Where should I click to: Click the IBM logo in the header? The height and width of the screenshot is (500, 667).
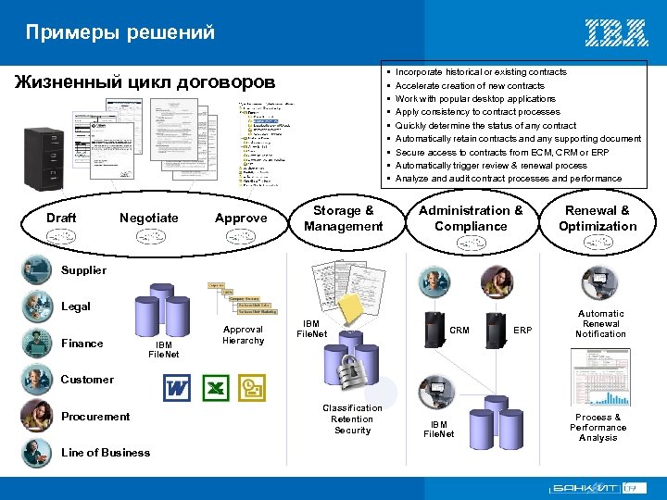click(x=616, y=33)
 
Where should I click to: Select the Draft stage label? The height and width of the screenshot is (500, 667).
click(x=61, y=218)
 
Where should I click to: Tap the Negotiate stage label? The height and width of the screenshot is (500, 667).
click(x=148, y=218)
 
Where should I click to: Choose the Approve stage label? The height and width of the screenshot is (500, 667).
click(x=240, y=218)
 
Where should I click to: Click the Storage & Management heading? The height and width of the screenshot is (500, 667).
click(x=343, y=219)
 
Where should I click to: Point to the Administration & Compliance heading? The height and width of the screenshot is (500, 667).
click(x=471, y=218)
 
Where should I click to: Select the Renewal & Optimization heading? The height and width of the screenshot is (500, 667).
click(x=598, y=218)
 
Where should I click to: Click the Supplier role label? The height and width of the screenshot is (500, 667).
click(x=83, y=270)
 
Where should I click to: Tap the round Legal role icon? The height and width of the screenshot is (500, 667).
click(x=38, y=305)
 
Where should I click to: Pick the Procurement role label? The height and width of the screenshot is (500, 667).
click(x=95, y=417)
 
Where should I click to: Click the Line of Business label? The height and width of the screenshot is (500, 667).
click(x=105, y=453)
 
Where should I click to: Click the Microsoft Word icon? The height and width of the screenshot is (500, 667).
click(x=176, y=387)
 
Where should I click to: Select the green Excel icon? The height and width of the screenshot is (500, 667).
click(x=216, y=387)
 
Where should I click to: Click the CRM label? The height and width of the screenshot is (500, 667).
click(x=459, y=330)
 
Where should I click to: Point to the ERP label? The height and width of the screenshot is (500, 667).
click(x=522, y=330)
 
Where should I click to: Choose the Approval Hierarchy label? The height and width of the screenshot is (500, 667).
click(x=244, y=334)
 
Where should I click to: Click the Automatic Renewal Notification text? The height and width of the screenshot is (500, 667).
click(x=600, y=323)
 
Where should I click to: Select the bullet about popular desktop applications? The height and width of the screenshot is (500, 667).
click(x=475, y=99)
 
